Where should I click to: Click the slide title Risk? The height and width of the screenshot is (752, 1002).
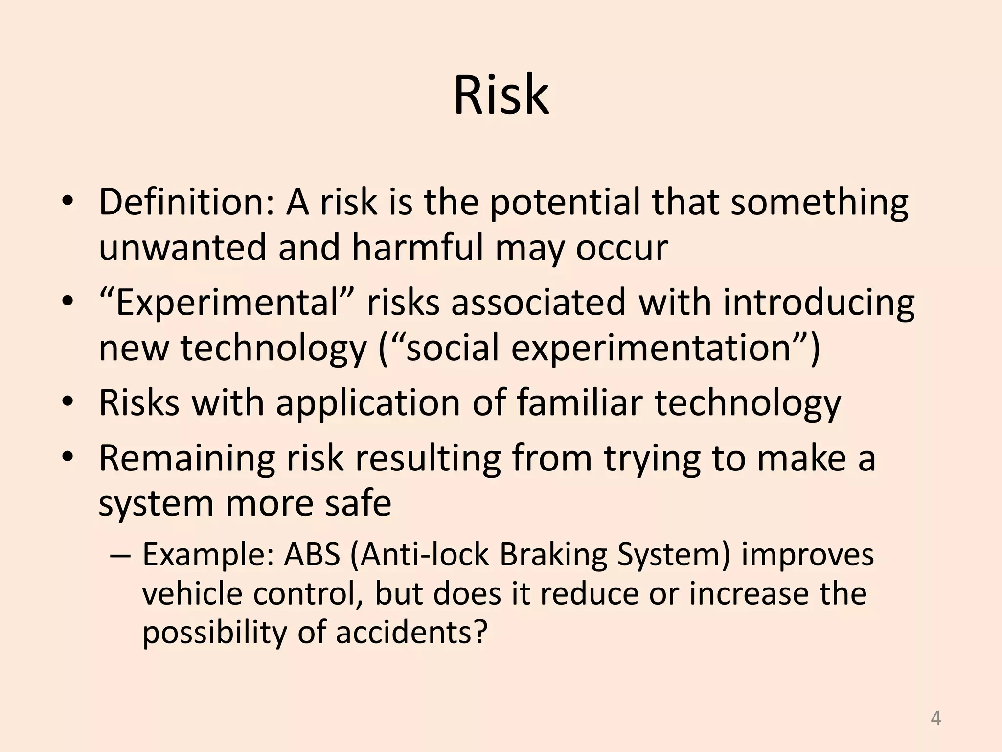coord(501,95)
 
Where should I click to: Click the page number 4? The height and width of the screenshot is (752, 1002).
coord(935,719)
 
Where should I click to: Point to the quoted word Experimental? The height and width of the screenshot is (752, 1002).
coord(228,303)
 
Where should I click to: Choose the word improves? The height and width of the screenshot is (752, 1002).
coord(807,556)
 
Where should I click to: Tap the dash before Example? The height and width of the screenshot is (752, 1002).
coord(120,556)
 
